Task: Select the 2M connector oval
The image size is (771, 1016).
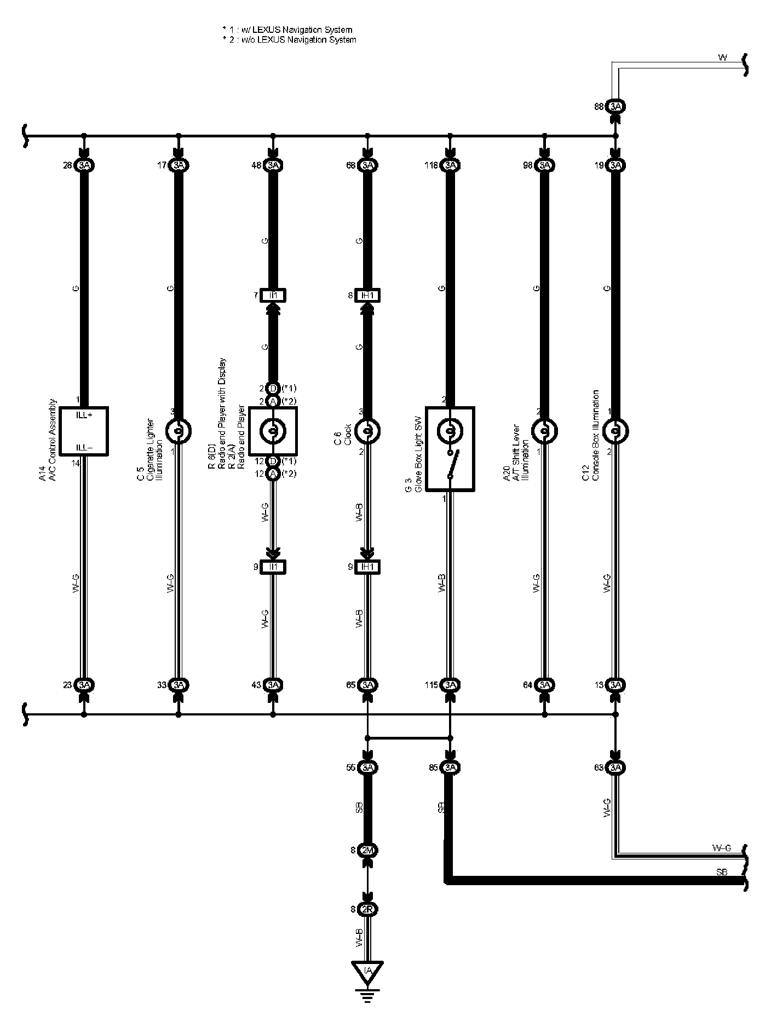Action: (x=367, y=850)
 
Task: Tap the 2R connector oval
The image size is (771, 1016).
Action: (x=367, y=909)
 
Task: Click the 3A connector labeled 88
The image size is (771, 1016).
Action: (x=615, y=107)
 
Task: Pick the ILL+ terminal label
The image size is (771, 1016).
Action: (x=84, y=415)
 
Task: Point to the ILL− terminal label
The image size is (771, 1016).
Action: (x=84, y=448)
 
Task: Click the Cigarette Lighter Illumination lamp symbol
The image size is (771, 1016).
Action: (x=178, y=432)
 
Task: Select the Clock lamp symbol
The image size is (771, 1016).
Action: (x=367, y=432)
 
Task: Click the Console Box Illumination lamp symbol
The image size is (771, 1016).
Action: (x=615, y=432)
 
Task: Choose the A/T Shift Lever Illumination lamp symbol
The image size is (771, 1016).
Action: (x=544, y=432)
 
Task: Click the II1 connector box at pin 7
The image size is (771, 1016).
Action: (x=273, y=296)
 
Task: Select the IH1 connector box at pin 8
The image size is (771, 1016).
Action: (x=367, y=296)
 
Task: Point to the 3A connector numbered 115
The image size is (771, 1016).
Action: (x=450, y=685)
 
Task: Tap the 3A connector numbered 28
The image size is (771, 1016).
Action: (x=84, y=165)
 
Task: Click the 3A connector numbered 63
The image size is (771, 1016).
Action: (x=615, y=767)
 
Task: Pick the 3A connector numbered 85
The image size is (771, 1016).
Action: (x=450, y=767)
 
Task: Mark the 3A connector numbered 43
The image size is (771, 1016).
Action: (x=273, y=685)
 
